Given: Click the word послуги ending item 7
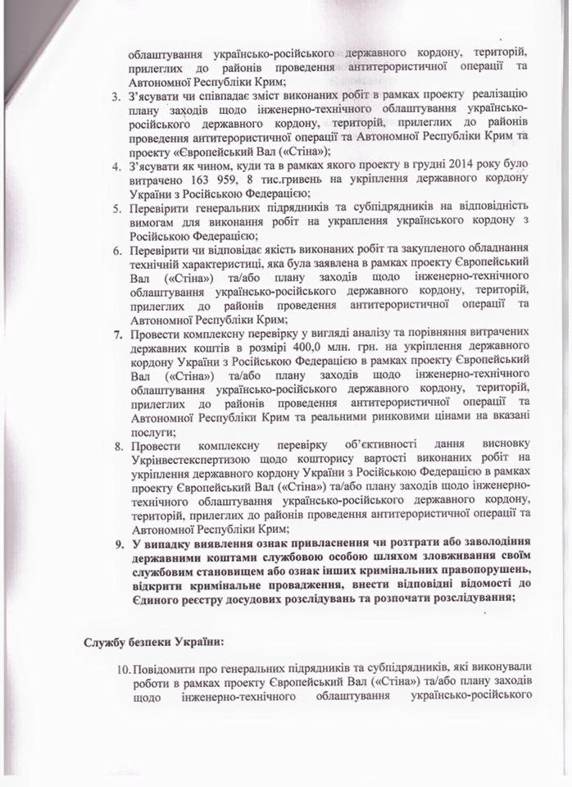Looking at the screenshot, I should pyautogui.click(x=151, y=431).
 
